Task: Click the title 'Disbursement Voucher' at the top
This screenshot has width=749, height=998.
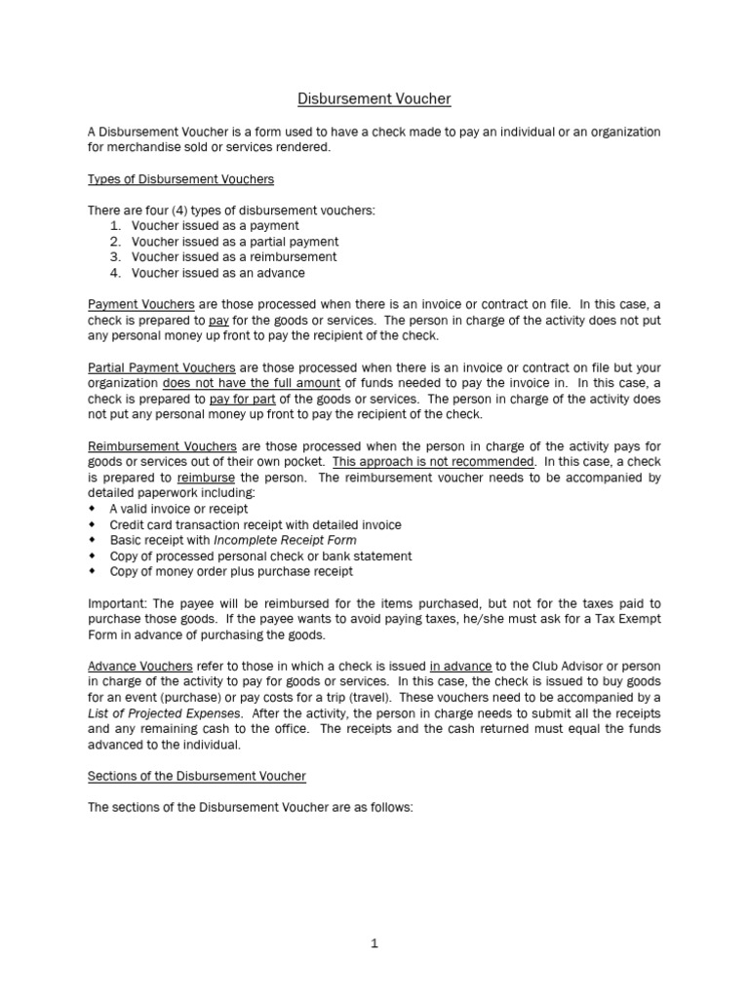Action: (374, 98)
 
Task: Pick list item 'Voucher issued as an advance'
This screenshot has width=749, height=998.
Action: (217, 272)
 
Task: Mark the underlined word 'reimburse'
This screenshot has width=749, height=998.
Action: (206, 477)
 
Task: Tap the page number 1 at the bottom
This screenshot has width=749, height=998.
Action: (374, 943)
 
